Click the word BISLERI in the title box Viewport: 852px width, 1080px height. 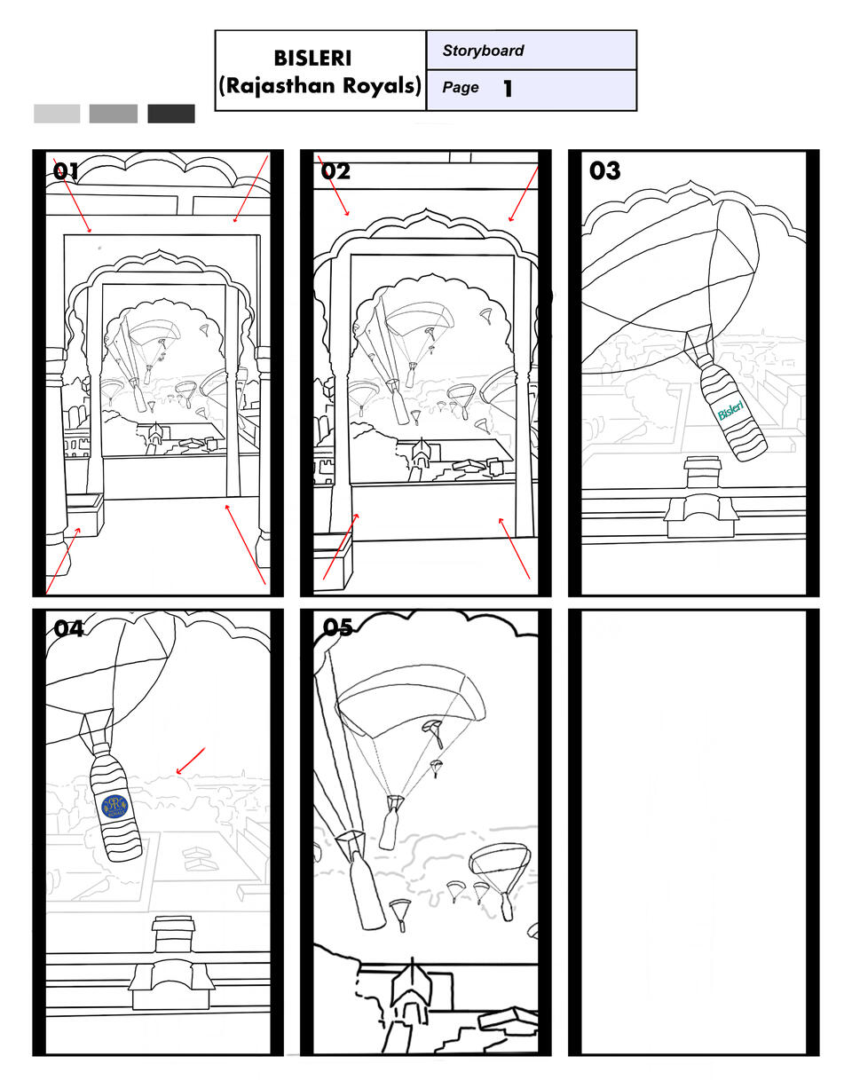[x=312, y=59]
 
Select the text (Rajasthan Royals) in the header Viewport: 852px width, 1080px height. [x=319, y=86]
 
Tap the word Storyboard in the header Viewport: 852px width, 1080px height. [x=483, y=51]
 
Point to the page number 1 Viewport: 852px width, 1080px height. [x=508, y=89]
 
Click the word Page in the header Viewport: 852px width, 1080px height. [x=461, y=88]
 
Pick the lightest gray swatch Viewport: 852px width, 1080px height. [x=57, y=114]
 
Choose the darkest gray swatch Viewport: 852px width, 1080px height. [x=171, y=114]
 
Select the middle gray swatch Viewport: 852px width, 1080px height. [x=114, y=114]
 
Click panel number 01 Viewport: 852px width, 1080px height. [x=66, y=171]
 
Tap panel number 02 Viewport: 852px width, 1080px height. [x=335, y=171]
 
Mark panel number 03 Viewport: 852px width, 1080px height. [x=604, y=171]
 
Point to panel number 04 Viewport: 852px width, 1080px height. [x=68, y=629]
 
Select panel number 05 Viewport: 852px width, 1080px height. [x=337, y=628]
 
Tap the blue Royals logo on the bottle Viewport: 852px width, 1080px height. [x=115, y=806]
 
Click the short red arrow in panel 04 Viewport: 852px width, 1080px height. [x=191, y=761]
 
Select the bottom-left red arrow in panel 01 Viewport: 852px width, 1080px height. [x=64, y=560]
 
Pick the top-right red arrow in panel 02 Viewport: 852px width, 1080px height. [x=523, y=193]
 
